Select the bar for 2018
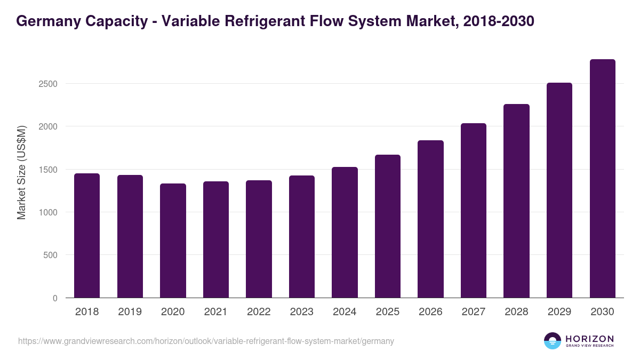[x=87, y=235]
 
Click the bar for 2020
[x=173, y=241]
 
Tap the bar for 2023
[x=302, y=236]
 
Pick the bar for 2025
[x=388, y=226]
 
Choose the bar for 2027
[x=474, y=210]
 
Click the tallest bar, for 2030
[x=603, y=178]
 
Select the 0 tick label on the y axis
[x=54, y=298]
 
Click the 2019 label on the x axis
[x=130, y=312]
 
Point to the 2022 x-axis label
[x=259, y=312]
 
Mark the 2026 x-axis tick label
[x=430, y=312]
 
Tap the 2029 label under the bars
[x=559, y=312]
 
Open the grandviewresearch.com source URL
[x=206, y=341]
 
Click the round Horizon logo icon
[x=553, y=341]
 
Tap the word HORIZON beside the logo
[x=589, y=338]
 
